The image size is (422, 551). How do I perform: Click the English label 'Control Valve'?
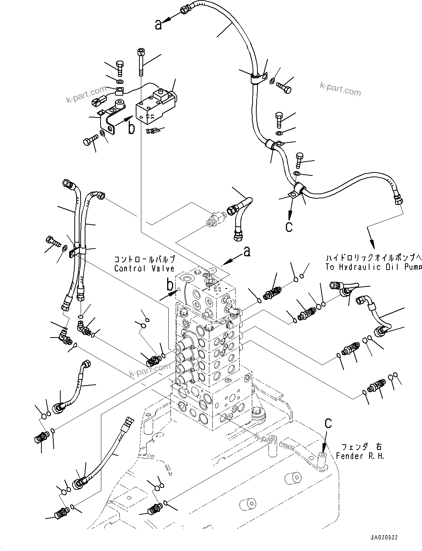144,268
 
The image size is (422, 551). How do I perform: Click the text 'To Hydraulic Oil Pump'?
373,267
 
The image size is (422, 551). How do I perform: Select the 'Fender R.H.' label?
360,456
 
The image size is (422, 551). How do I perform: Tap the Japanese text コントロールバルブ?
144,260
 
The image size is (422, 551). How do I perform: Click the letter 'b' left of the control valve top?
170,285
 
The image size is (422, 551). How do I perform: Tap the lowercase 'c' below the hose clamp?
289,226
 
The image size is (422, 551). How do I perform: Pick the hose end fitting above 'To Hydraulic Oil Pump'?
398,197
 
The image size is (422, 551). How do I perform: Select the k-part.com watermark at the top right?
340,89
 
